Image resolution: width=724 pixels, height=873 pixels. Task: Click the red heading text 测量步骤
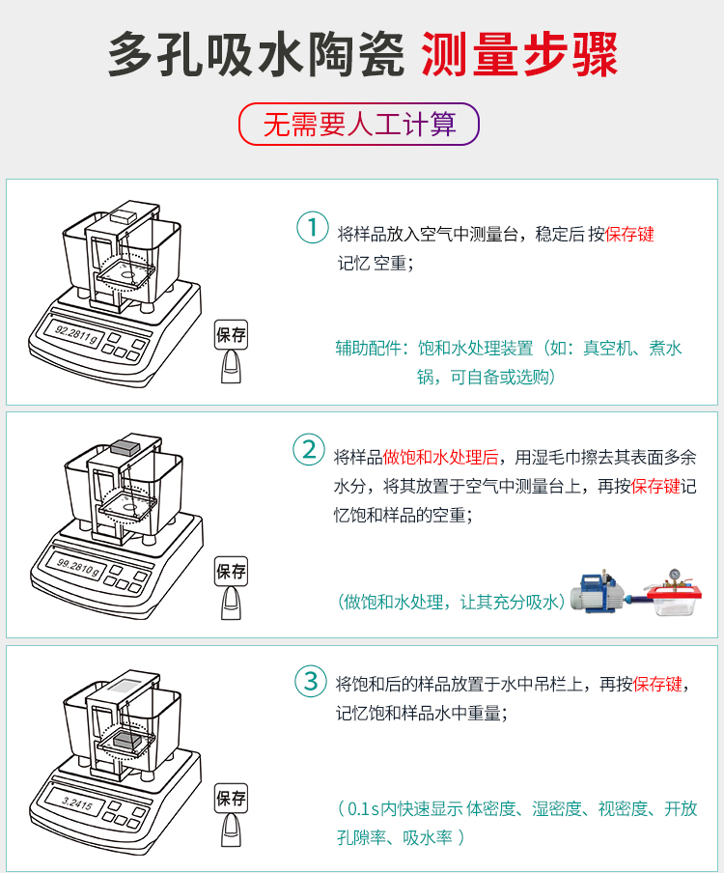(x=519, y=53)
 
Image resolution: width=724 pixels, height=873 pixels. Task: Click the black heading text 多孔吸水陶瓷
(x=256, y=53)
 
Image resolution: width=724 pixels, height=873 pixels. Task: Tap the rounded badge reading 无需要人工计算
(x=359, y=125)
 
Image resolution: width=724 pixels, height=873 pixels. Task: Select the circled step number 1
(x=312, y=227)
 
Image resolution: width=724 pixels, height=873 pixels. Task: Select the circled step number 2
(x=309, y=450)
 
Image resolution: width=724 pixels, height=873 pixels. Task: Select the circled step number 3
(x=311, y=682)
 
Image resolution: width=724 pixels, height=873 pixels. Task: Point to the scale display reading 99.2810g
(x=79, y=567)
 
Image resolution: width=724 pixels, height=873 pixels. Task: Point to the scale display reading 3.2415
(x=77, y=803)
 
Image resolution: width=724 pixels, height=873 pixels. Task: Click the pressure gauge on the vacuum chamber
(x=675, y=574)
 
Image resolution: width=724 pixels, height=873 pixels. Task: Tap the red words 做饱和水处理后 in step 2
(x=441, y=458)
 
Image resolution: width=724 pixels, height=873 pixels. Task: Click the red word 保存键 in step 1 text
(x=629, y=235)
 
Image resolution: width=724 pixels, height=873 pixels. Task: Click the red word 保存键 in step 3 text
(x=657, y=685)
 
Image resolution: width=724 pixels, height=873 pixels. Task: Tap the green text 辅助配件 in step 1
(x=368, y=349)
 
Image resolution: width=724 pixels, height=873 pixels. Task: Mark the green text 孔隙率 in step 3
(x=361, y=837)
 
